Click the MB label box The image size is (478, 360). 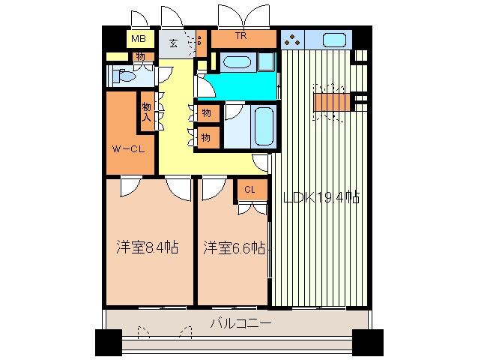(139, 39)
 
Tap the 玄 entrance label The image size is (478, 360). (174, 43)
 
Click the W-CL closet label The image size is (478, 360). (128, 149)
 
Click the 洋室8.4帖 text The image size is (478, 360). (147, 247)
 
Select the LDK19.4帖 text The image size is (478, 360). (321, 198)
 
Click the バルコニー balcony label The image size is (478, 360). (240, 323)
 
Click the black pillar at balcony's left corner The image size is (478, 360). (108, 342)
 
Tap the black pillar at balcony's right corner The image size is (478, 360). (371, 342)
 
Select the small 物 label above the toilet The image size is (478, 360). (140, 56)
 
